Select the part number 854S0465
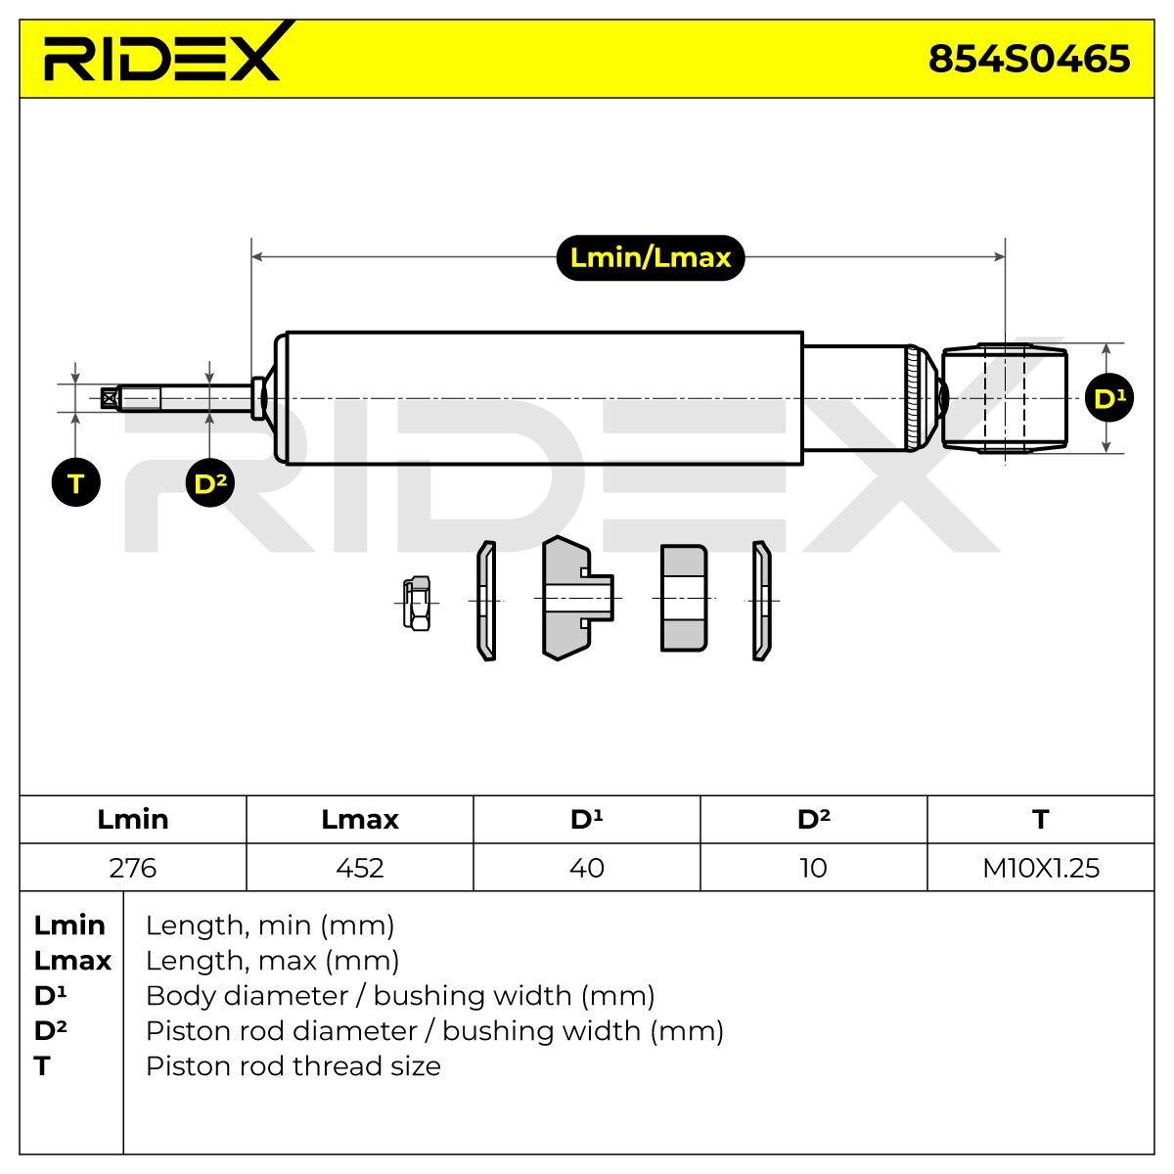pos(1028,59)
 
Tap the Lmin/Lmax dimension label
pos(650,257)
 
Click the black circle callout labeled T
pos(75,482)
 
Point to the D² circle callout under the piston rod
pos(209,482)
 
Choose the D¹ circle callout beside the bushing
pos(1108,397)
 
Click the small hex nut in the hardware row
pos(417,604)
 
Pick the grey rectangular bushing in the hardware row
pos(684,599)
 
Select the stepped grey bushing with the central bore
pos(577,598)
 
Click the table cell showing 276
pos(133,868)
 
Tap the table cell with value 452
pos(359,868)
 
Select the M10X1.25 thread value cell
pos(1041,868)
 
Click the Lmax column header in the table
pos(359,820)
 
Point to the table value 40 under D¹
pos(587,868)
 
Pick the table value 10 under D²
pos(813,868)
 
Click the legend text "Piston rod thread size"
pos(293,1066)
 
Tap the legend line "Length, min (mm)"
pos(270,926)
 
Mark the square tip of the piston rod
pos(109,398)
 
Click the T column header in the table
pos(1041,820)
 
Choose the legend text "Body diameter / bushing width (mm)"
pos(400,996)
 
